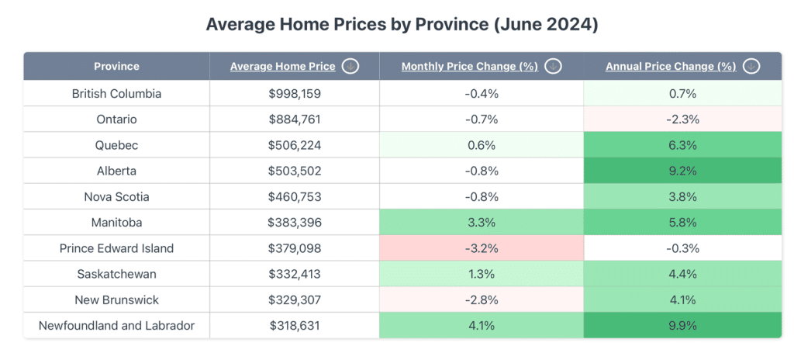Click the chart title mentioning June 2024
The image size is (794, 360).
(402, 24)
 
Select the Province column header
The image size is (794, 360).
(116, 66)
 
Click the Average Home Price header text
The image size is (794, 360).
(282, 67)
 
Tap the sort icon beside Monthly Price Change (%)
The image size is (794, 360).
(553, 67)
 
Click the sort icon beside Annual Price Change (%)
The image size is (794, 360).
(751, 67)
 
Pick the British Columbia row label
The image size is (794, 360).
(116, 94)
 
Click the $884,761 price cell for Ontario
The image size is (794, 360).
(295, 119)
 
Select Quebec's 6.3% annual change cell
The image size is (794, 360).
(682, 145)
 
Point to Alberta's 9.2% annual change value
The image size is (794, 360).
(682, 171)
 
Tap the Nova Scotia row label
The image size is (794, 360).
(116, 197)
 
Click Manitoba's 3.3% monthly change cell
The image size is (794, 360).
(481, 223)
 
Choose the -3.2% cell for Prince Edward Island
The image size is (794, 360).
(481, 248)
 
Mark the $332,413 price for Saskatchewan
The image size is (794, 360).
(295, 274)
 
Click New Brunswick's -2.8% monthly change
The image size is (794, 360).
(481, 300)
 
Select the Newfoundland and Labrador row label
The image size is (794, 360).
(116, 326)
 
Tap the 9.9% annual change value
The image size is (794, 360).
(682, 326)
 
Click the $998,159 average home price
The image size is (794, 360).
(295, 94)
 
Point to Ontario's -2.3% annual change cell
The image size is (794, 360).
(682, 119)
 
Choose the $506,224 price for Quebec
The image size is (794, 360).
(295, 145)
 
